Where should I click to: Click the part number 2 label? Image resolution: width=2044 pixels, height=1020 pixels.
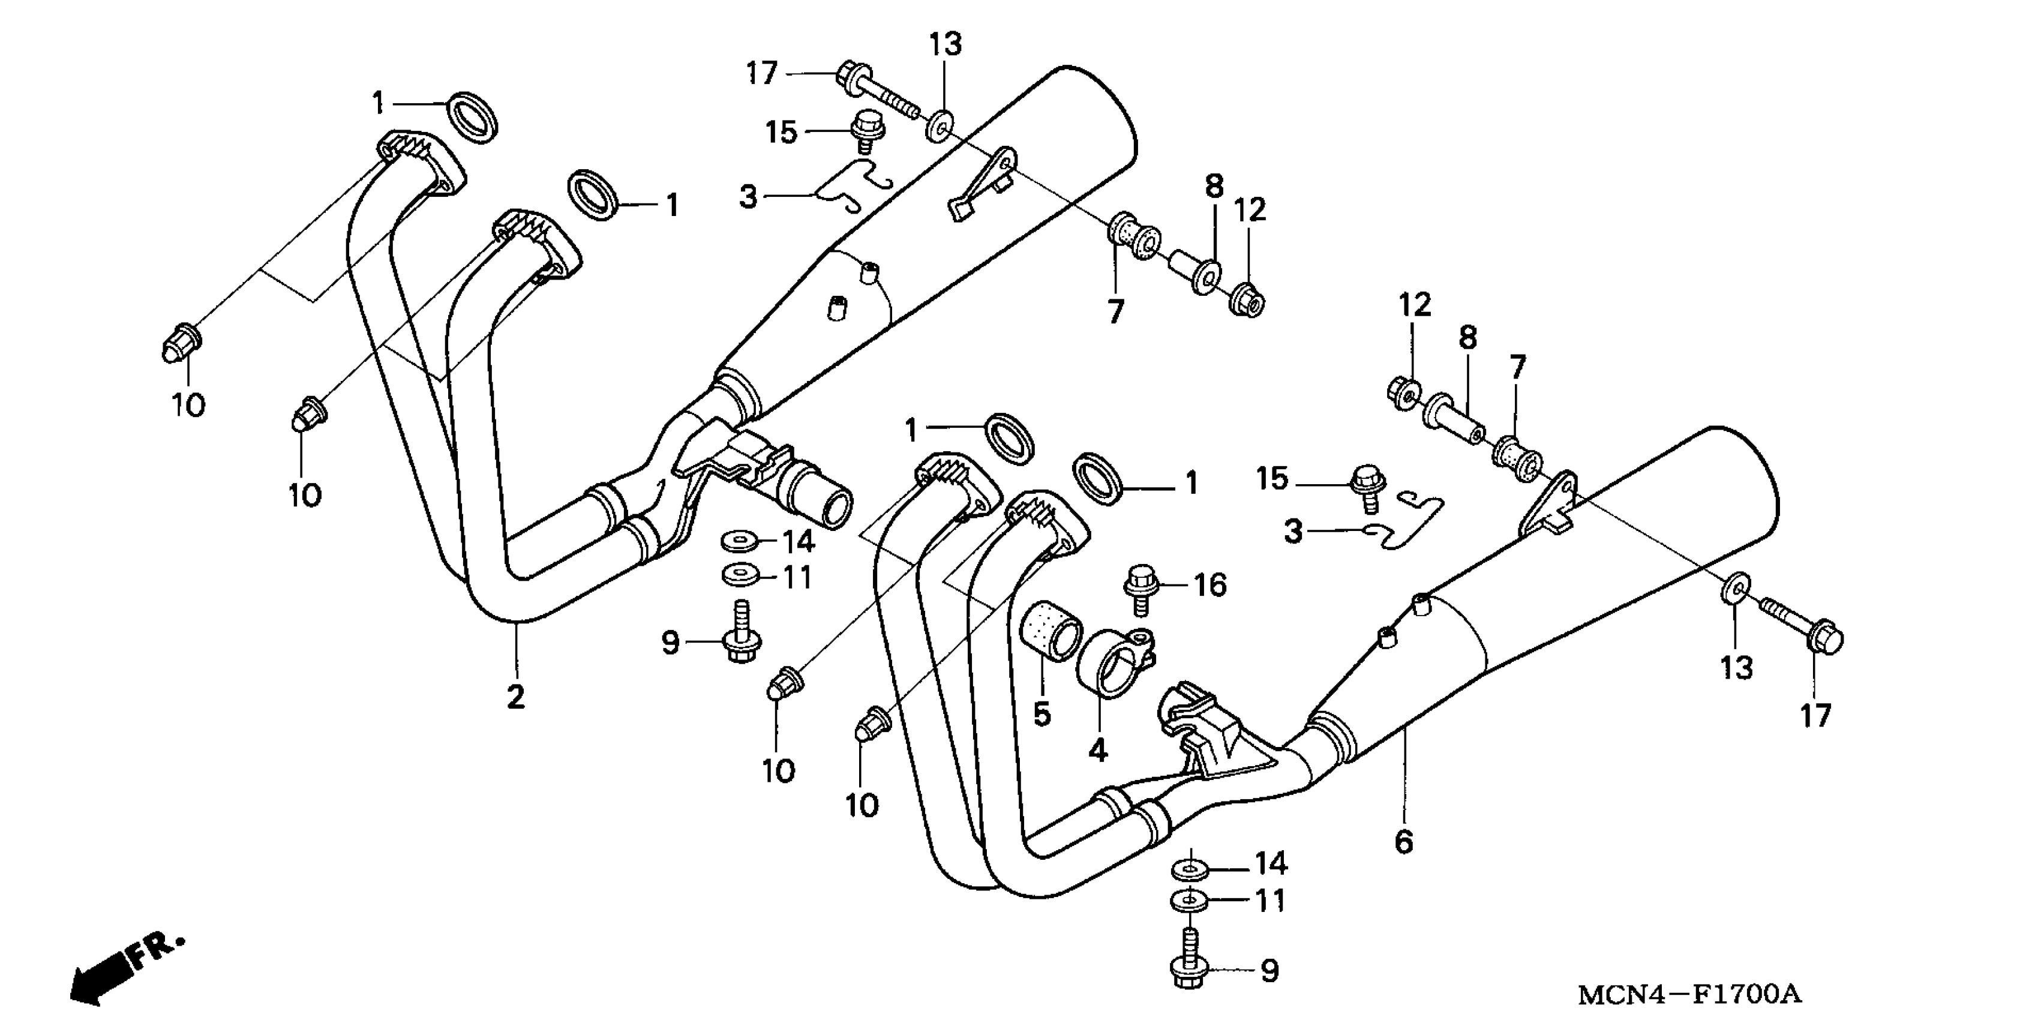[x=516, y=697]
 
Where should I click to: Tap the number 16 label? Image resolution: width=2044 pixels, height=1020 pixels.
[x=1211, y=586]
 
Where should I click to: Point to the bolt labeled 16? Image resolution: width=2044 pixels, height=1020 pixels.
[x=1141, y=587]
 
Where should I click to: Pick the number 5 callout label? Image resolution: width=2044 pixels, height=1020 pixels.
[x=1042, y=715]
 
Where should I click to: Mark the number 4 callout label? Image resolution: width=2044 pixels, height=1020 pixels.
[x=1097, y=749]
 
